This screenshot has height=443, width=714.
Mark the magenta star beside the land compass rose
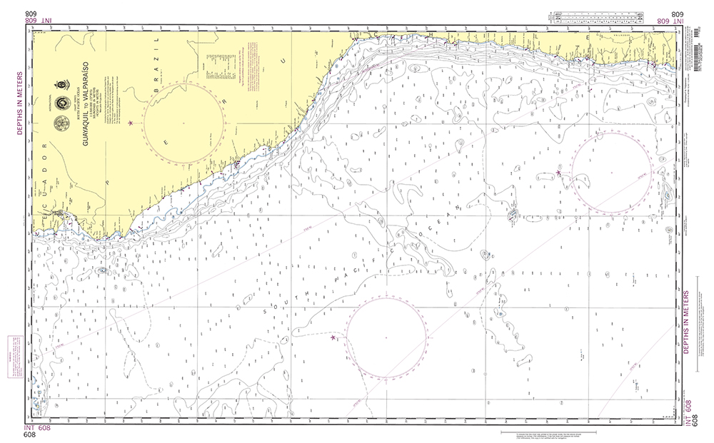[130, 123]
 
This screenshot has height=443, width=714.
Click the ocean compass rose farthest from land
[386, 337]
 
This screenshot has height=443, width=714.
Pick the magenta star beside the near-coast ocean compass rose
[558, 173]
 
